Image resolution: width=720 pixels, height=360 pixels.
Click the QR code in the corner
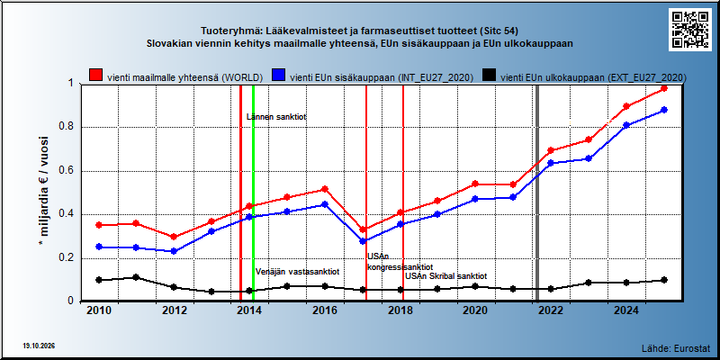(690, 29)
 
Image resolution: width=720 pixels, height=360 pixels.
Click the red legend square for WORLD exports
(96, 76)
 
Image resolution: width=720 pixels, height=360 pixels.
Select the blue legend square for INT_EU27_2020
(279, 76)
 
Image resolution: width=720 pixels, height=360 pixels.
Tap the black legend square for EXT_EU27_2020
(490, 76)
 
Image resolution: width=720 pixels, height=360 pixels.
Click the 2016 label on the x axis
(324, 310)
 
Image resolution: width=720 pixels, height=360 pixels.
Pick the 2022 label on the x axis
(550, 310)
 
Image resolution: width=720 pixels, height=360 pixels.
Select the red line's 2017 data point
(363, 229)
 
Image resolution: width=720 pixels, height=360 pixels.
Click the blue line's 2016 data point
(325, 204)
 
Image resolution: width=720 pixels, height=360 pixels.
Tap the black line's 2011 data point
(136, 277)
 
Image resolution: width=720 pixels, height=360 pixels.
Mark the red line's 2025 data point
(664, 88)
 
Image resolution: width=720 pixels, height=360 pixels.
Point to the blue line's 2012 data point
(174, 251)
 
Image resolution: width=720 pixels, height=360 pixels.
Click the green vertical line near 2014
(253, 193)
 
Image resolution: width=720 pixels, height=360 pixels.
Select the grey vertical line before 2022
(537, 193)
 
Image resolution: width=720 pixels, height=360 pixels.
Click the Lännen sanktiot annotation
(276, 117)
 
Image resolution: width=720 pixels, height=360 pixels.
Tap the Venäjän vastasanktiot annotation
(297, 272)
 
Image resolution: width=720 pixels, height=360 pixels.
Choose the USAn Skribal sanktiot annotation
(445, 276)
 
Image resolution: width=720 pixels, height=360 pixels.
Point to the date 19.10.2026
(39, 346)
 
